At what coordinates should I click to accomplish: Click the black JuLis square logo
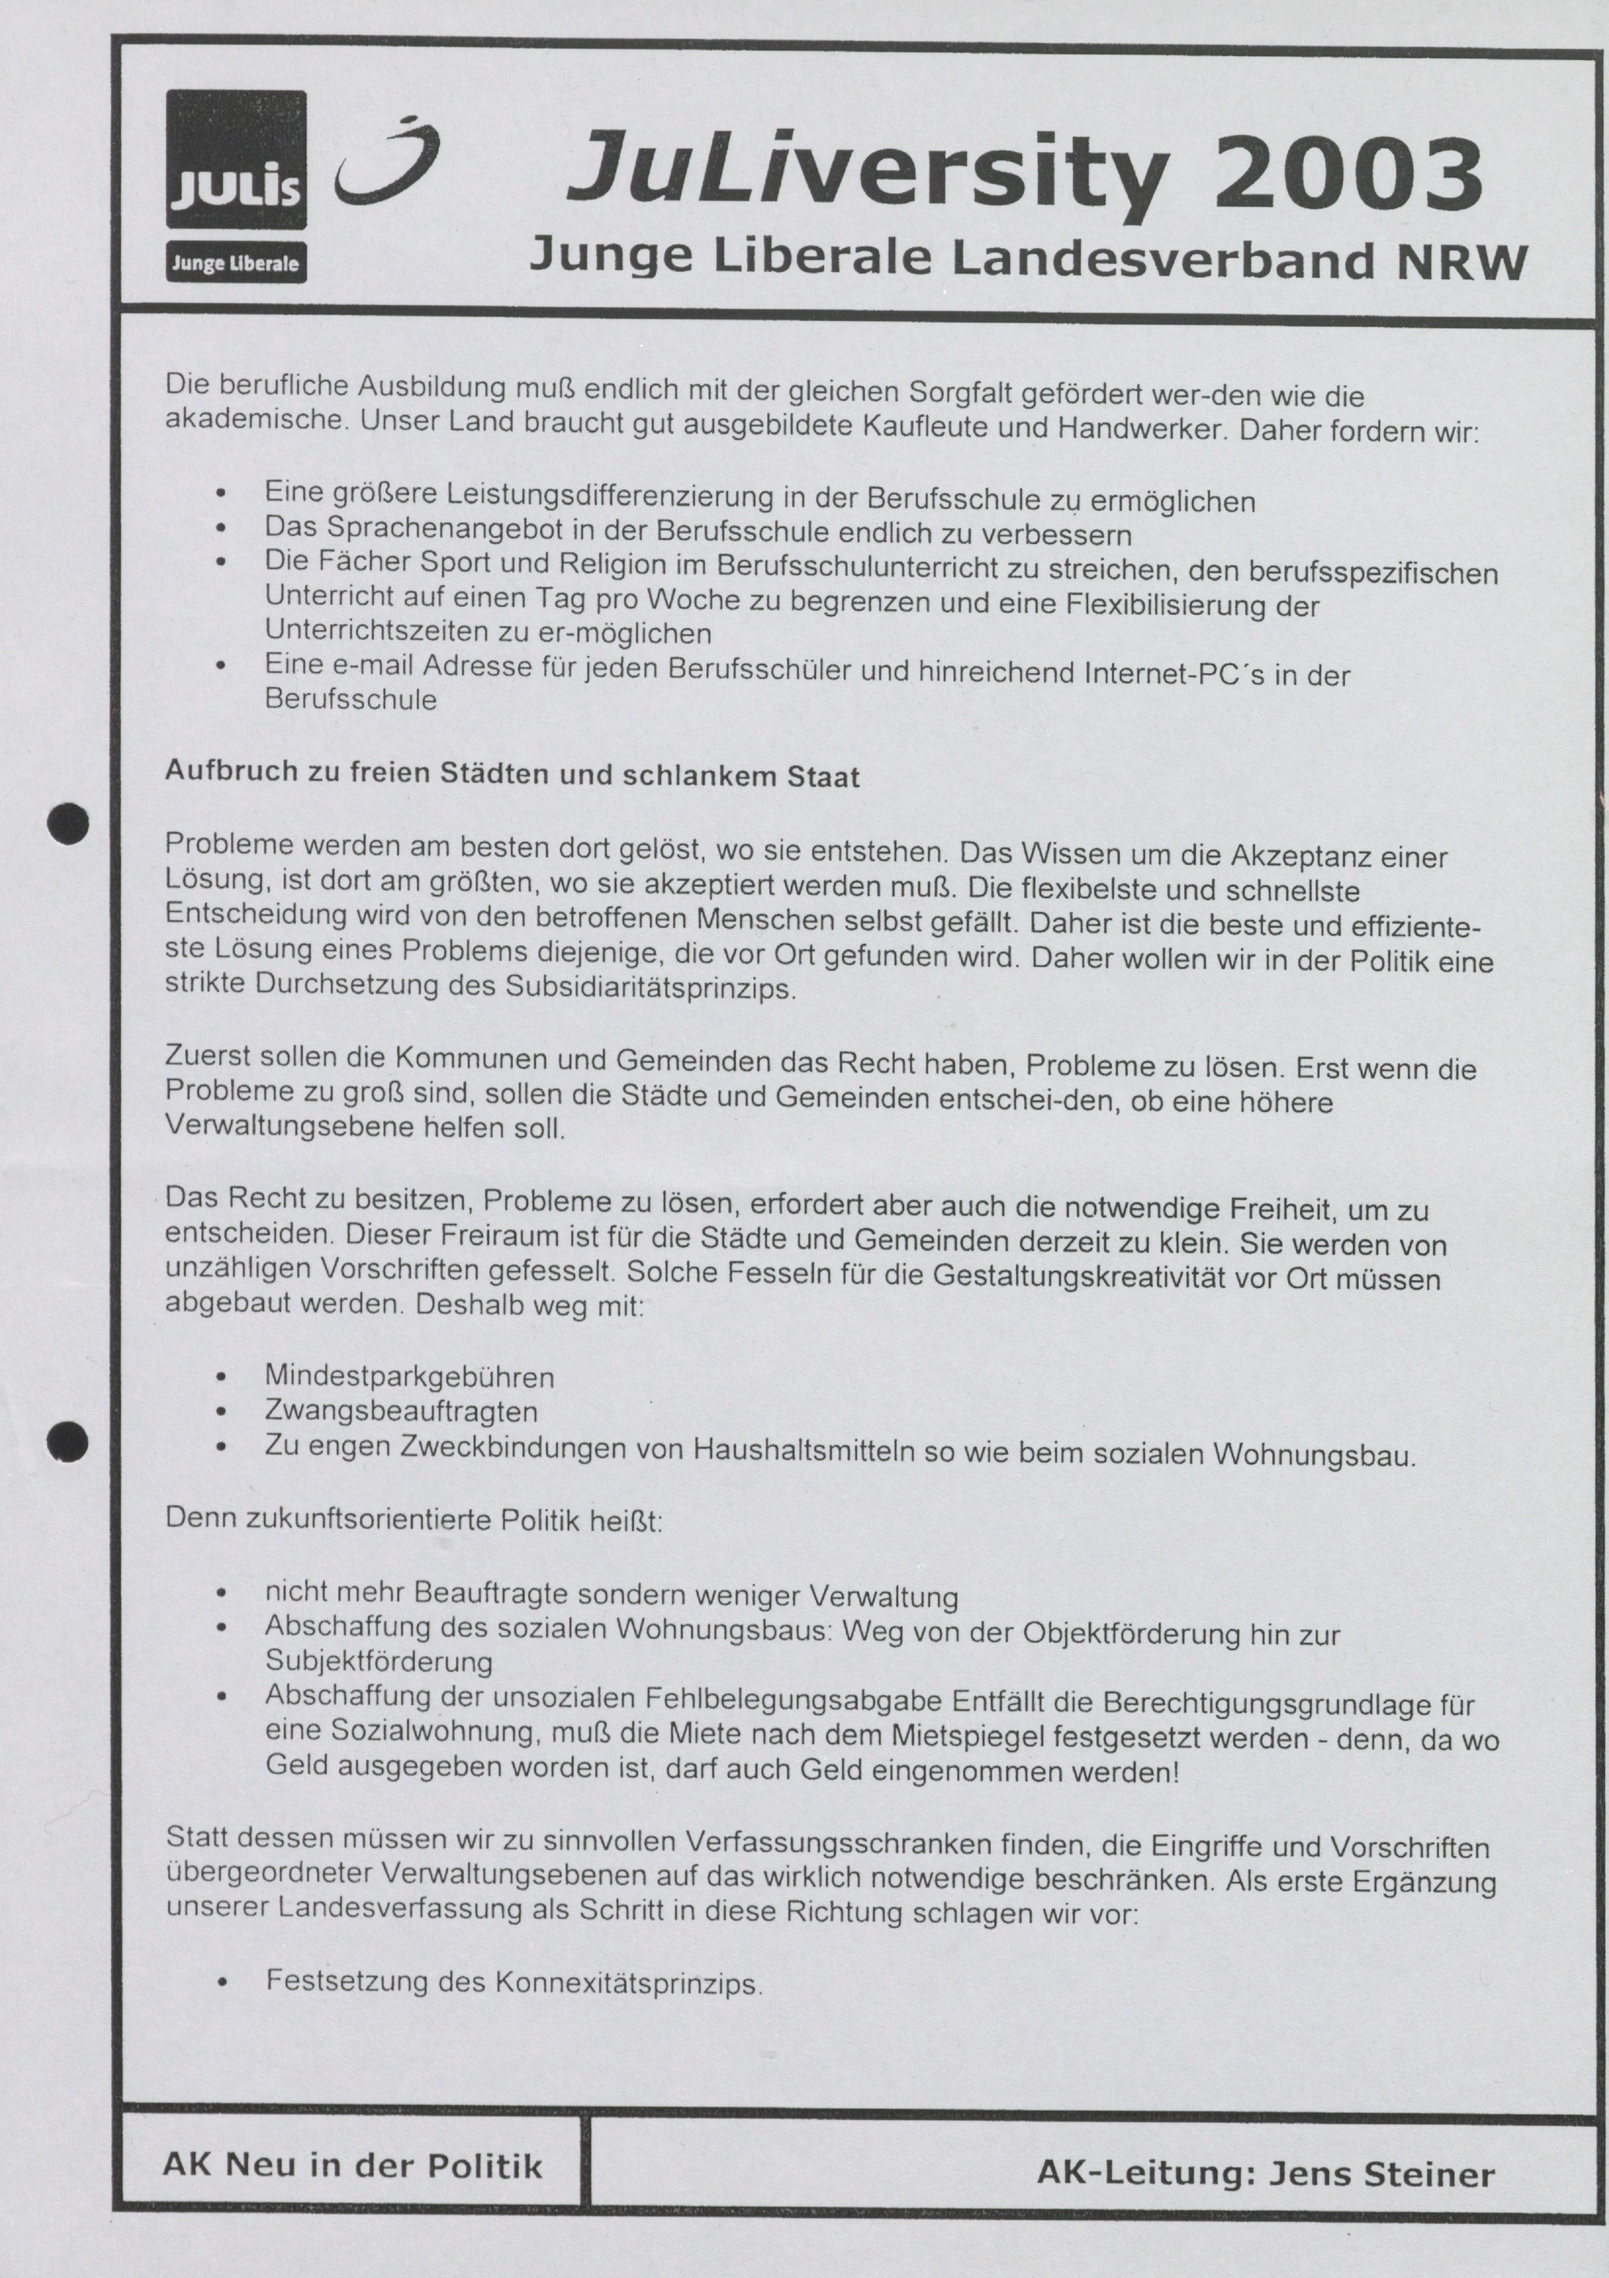click(x=236, y=159)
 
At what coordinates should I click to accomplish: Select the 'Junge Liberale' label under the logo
click(x=236, y=264)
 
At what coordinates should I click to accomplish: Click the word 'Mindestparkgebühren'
click(x=409, y=1377)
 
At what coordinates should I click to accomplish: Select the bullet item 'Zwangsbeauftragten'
click(x=401, y=1411)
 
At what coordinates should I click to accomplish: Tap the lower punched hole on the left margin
click(x=69, y=1442)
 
